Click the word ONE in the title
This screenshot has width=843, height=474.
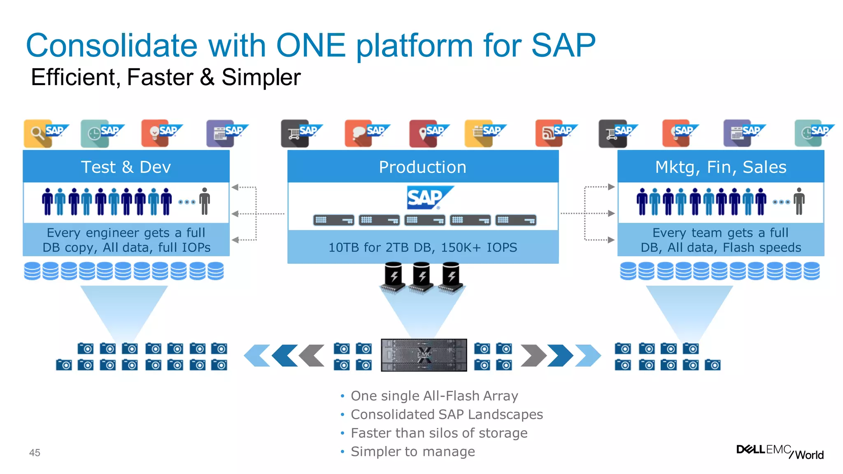pyautogui.click(x=311, y=45)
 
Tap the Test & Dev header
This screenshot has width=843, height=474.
pyautogui.click(x=126, y=167)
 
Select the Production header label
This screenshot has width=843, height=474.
pyautogui.click(x=422, y=167)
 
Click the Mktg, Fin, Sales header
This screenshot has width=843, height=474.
pyautogui.click(x=720, y=167)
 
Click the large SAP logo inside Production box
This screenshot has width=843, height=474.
pyautogui.click(x=426, y=197)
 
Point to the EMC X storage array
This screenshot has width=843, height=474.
pyautogui.click(x=424, y=355)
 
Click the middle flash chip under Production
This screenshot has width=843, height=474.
pyautogui.click(x=422, y=276)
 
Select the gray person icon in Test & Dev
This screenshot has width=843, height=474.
pyautogui.click(x=205, y=201)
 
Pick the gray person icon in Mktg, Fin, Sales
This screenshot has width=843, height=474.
pyautogui.click(x=799, y=201)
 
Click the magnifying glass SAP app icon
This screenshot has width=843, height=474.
pyautogui.click(x=38, y=133)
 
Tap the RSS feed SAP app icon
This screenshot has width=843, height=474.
pyautogui.click(x=549, y=133)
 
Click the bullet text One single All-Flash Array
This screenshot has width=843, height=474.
pyautogui.click(x=434, y=396)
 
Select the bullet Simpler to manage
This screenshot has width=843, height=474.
pyautogui.click(x=412, y=452)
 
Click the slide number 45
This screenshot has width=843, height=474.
pyautogui.click(x=35, y=453)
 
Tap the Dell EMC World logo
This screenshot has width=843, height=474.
pyautogui.click(x=780, y=451)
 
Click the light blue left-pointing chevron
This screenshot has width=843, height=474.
pyautogui.click(x=256, y=355)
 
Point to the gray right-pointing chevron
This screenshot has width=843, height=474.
pyautogui.click(x=533, y=355)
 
